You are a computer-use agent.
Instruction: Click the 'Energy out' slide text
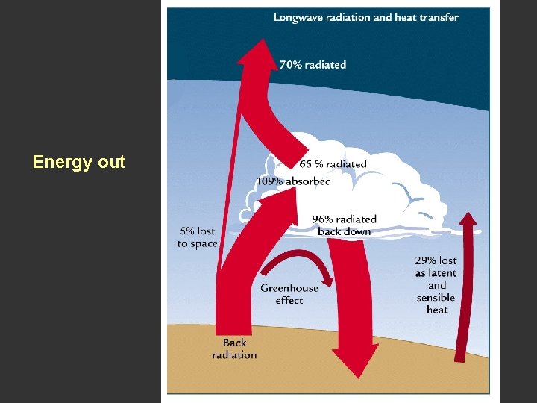78,162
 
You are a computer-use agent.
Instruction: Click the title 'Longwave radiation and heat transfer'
365,17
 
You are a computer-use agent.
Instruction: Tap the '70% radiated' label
313,65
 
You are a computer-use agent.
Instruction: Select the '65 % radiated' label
333,164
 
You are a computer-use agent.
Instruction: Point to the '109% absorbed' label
293,181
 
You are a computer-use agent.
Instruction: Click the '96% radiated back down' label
344,225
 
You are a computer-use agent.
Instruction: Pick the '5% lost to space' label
197,237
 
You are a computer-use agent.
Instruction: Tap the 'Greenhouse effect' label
289,294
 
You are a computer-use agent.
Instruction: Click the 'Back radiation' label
233,349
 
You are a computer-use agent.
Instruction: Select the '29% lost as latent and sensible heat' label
436,285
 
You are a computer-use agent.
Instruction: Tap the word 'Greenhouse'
289,288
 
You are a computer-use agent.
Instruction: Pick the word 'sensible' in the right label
436,297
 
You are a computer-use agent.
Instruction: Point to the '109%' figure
268,181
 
